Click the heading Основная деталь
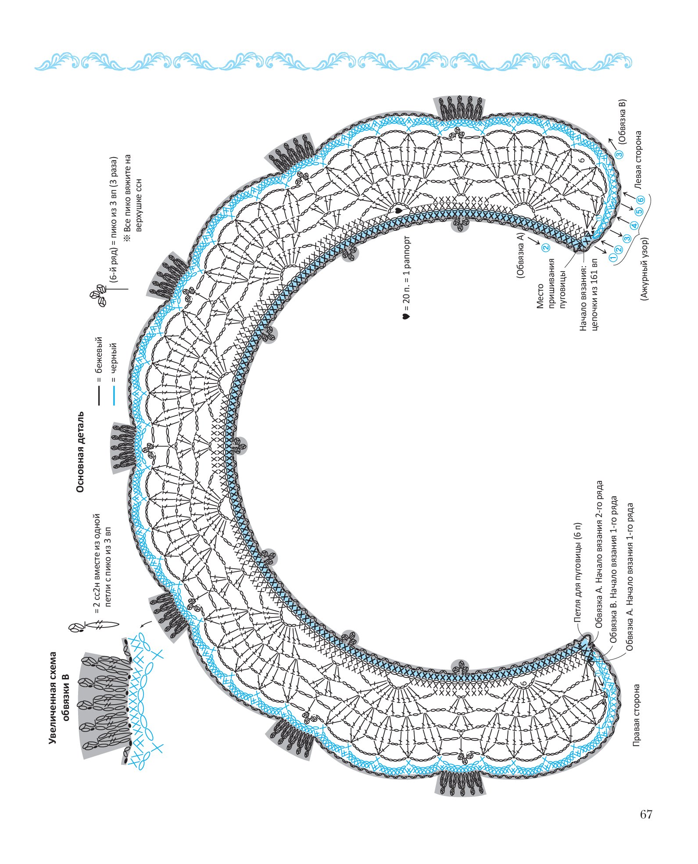pos(81,452)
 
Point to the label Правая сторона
pos(636,715)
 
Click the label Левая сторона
pos(638,160)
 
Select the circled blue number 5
pos(640,211)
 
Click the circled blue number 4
pos(634,226)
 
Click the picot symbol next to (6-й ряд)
pos(98,294)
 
